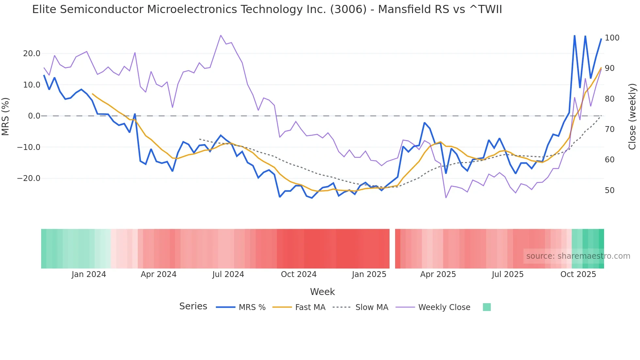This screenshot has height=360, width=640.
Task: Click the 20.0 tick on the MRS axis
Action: point(31,54)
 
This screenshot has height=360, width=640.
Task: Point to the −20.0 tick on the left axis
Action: point(29,178)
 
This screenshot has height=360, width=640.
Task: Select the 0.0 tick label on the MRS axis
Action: point(34,116)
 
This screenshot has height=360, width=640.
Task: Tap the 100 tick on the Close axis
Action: point(612,38)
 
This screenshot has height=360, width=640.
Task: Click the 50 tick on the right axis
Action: point(609,190)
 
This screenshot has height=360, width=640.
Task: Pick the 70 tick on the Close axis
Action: point(609,129)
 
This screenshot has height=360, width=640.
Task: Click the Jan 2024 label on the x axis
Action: point(88,274)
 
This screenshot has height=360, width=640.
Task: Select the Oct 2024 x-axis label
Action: point(298,274)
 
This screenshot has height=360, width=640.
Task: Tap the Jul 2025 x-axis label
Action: point(507,274)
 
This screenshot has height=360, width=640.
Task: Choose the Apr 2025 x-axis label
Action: point(438,274)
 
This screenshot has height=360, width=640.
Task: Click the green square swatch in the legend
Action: point(487,307)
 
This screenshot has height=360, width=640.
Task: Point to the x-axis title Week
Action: point(322,292)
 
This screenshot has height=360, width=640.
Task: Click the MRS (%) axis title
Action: point(6,116)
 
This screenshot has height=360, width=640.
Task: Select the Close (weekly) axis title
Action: point(632,116)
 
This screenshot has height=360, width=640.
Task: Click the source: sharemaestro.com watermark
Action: point(578,256)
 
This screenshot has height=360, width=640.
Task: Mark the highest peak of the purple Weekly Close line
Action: point(221,35)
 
